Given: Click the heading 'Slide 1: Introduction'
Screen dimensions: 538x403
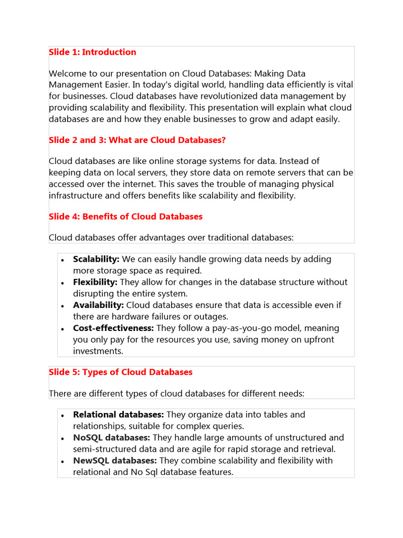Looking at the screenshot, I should (x=92, y=52).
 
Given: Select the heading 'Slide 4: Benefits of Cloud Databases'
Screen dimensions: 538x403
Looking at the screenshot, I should (x=125, y=216).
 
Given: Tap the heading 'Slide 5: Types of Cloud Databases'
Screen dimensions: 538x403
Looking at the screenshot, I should (x=121, y=372).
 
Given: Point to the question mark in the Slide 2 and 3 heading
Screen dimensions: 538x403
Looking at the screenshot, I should (x=224, y=140).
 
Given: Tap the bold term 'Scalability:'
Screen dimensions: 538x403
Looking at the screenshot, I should (x=96, y=259).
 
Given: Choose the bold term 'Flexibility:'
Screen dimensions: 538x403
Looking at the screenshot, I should (x=95, y=282).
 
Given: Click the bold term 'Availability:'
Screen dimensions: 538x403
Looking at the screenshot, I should (x=98, y=305).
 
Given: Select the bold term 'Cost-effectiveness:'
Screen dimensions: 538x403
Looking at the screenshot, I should (x=113, y=328).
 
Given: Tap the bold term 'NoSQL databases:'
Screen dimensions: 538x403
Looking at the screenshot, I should (x=111, y=438).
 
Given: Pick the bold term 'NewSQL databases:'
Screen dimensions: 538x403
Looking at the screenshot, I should (x=115, y=461).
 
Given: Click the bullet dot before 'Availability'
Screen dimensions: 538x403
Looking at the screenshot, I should (x=62, y=306).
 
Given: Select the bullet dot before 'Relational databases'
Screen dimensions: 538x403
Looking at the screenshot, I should (x=62, y=415).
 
